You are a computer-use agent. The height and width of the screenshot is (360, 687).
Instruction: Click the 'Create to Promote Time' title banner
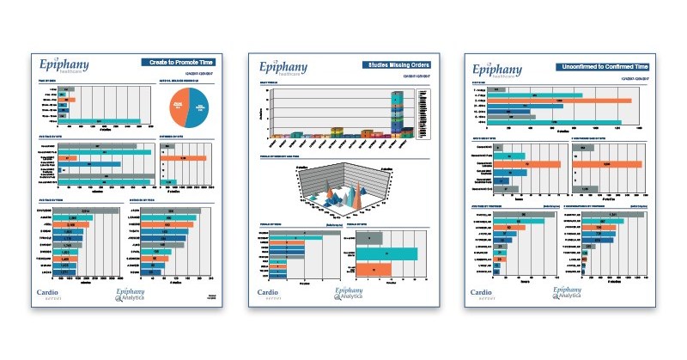pos(179,63)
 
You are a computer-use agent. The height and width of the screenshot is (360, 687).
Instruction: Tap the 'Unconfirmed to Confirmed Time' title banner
pos(601,65)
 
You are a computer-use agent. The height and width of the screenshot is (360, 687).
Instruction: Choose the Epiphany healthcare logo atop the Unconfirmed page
pos(490,68)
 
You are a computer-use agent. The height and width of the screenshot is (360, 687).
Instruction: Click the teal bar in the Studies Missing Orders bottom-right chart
pos(386,253)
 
